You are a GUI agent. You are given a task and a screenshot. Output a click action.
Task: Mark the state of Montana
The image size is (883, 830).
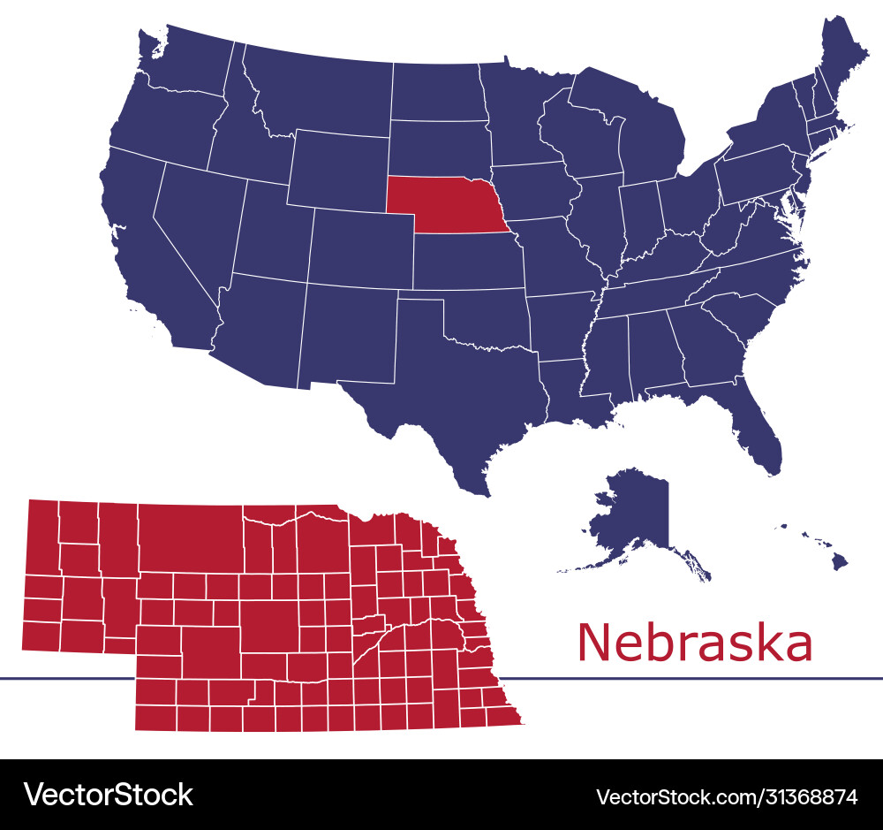[318, 88]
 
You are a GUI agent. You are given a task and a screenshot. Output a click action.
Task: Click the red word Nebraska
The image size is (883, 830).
[694, 643]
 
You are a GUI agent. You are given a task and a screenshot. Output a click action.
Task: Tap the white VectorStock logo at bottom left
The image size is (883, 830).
[108, 795]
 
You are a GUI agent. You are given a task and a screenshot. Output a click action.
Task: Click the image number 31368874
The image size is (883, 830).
[804, 796]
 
